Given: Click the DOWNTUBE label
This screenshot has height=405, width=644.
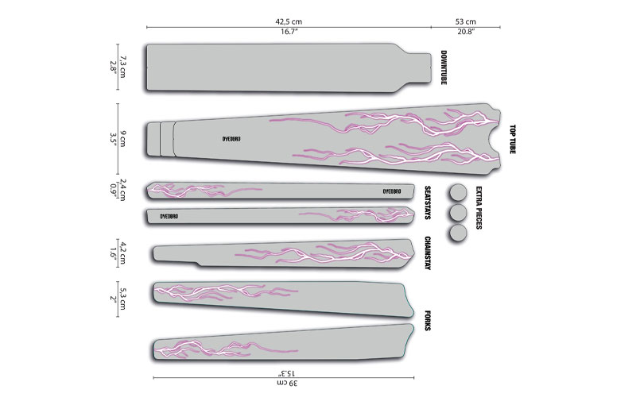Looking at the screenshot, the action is pyautogui.click(x=443, y=67).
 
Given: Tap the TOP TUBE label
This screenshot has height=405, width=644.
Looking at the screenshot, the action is pyautogui.click(x=512, y=140).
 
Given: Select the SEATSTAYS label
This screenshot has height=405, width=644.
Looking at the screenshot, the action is pyautogui.click(x=428, y=202).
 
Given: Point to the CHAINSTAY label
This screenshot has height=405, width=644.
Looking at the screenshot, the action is pyautogui.click(x=428, y=253).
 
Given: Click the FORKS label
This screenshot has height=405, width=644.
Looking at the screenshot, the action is pyautogui.click(x=428, y=321).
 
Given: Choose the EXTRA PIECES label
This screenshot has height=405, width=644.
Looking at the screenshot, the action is pyautogui.click(x=479, y=208).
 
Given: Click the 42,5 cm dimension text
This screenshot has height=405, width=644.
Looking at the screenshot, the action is pyautogui.click(x=289, y=21).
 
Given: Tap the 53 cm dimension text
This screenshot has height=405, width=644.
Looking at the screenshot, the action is pyautogui.click(x=466, y=21).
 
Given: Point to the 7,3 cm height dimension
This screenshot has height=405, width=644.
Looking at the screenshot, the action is pyautogui.click(x=122, y=67).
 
